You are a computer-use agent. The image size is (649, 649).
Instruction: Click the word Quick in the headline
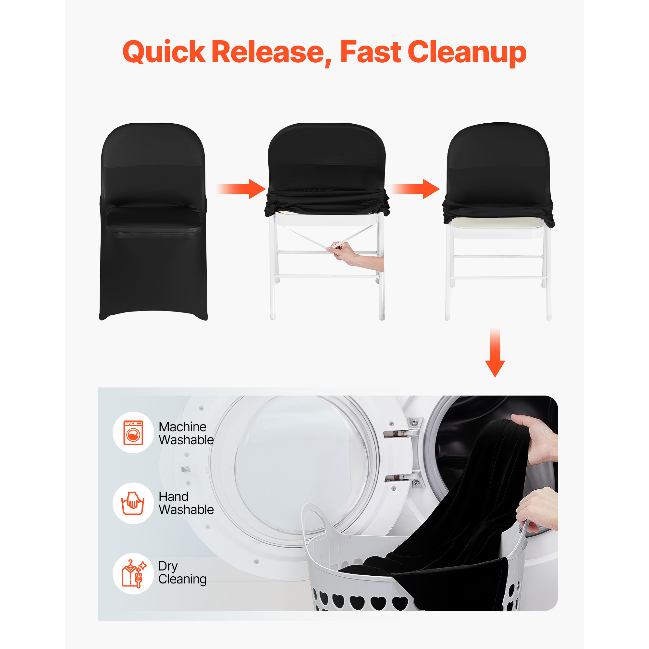point(164,52)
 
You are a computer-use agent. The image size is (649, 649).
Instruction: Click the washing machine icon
point(133,433)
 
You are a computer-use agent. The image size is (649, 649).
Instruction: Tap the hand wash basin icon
point(133,503)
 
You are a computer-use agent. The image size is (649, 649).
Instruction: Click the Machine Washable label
point(186,433)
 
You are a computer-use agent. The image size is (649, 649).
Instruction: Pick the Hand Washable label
point(186,503)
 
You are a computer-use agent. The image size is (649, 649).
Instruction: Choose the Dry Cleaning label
point(182,573)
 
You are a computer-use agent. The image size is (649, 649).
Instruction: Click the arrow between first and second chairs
point(241,189)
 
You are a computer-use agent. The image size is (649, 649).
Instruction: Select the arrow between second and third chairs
point(415,189)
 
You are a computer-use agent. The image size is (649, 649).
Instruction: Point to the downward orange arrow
point(495,353)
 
